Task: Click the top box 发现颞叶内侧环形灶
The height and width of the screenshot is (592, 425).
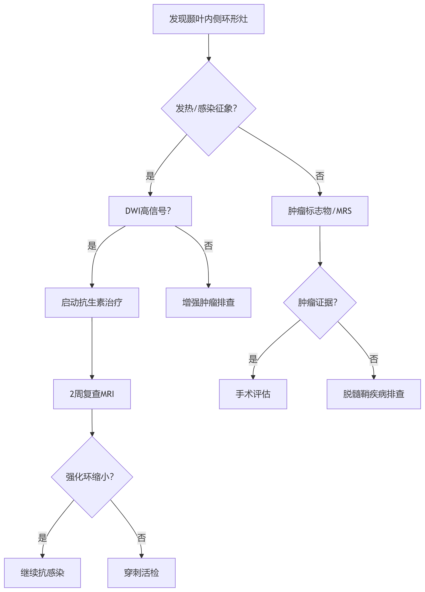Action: tap(208, 19)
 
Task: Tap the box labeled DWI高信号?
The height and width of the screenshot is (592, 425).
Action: tap(150, 211)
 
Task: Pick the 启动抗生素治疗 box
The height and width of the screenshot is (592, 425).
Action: tap(92, 302)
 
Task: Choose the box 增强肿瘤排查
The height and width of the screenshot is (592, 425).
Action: tap(208, 302)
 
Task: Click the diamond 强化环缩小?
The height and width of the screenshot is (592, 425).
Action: tap(92, 477)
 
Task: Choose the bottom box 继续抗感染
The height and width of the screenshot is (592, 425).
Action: tap(42, 573)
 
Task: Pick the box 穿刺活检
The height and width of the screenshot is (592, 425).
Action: tap(141, 573)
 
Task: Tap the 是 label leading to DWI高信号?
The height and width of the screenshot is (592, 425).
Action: tap(150, 176)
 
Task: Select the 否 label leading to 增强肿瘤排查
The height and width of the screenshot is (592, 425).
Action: tap(208, 246)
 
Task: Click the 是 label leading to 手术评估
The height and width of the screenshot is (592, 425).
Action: tap(253, 359)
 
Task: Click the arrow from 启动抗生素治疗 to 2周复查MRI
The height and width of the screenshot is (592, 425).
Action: tap(92, 348)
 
